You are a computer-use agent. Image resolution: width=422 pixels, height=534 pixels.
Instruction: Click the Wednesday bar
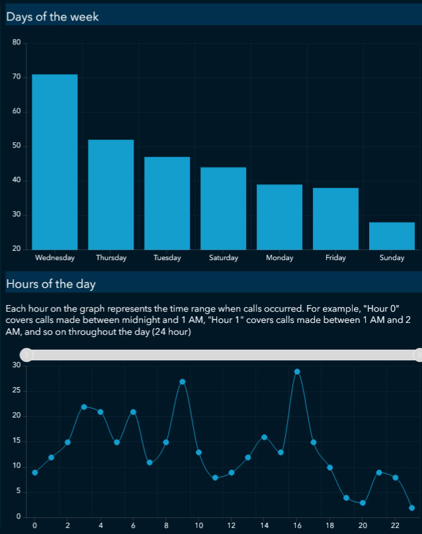click(55, 161)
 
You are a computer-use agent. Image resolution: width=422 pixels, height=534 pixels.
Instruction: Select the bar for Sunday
click(392, 236)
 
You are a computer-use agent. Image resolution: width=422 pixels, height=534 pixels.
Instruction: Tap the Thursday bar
click(111, 195)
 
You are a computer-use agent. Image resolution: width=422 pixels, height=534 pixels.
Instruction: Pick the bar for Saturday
click(223, 208)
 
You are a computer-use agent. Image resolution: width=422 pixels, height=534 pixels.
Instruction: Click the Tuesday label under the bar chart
click(167, 258)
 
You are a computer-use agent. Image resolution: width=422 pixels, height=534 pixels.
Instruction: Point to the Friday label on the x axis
click(335, 258)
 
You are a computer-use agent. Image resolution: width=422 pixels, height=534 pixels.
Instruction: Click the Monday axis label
click(279, 258)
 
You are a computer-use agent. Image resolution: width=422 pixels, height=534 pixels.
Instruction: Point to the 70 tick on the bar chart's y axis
click(17, 77)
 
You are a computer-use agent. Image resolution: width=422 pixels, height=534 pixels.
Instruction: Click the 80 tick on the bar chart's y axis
click(17, 43)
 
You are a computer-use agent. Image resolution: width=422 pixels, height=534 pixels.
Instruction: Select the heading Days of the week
click(52, 17)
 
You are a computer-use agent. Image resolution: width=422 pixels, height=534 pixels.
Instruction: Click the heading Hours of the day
click(51, 285)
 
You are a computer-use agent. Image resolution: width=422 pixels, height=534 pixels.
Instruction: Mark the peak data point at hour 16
click(297, 372)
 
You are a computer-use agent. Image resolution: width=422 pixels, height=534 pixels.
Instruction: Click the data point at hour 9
click(183, 382)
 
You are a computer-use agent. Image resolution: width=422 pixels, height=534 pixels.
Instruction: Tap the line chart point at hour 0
click(34, 472)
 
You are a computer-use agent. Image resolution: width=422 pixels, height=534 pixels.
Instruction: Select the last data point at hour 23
click(412, 508)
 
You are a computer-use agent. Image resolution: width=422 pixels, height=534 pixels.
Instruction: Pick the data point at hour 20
click(362, 503)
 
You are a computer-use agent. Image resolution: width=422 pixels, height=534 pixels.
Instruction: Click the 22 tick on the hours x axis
click(396, 526)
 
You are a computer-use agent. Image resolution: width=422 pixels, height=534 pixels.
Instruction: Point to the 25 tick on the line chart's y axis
click(17, 391)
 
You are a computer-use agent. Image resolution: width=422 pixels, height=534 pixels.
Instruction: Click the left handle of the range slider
click(26, 355)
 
